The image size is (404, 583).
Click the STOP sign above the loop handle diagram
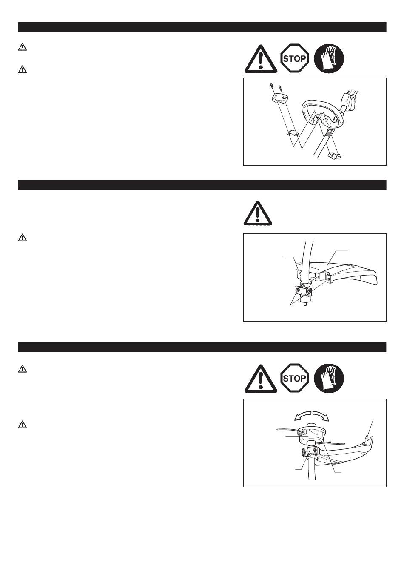295,58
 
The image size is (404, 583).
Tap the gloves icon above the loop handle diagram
329,58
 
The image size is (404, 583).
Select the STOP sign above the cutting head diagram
295,378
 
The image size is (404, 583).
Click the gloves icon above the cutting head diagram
329,378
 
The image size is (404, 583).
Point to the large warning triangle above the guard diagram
258,213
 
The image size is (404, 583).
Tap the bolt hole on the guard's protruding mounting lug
329,279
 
